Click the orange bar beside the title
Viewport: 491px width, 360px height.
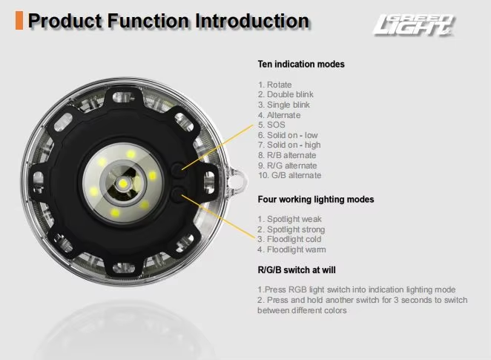click(19, 21)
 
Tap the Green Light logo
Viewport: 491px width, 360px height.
click(413, 24)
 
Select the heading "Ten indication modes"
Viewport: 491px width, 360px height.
click(301, 65)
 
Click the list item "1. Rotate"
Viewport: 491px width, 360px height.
click(274, 85)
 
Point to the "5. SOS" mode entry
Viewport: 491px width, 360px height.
click(271, 125)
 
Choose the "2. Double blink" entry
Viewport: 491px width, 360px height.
click(286, 94)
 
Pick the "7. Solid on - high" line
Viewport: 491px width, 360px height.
click(289, 145)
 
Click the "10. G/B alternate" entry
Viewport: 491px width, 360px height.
click(290, 175)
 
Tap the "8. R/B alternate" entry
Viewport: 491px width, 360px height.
click(287, 155)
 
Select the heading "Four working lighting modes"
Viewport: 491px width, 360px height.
click(316, 200)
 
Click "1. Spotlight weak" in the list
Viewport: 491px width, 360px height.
click(290, 219)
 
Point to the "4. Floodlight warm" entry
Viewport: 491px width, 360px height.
click(291, 249)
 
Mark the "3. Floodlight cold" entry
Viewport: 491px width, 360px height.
click(289, 239)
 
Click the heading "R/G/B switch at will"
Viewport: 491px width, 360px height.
click(297, 269)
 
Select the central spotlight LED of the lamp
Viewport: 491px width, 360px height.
click(123, 183)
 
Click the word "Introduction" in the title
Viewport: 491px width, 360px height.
click(252, 21)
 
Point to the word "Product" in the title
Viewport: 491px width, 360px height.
click(65, 21)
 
